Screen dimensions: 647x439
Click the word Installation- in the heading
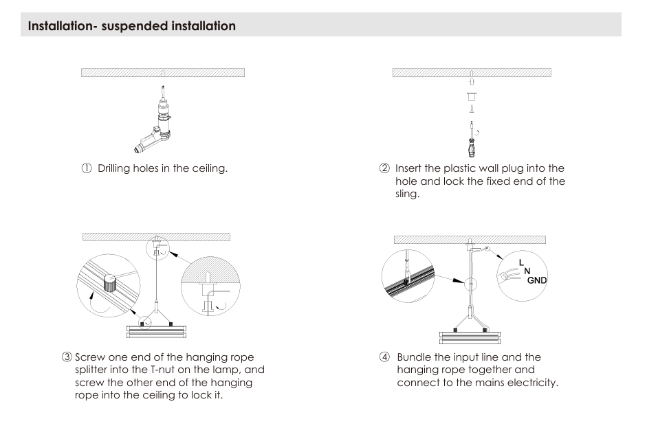tap(61, 26)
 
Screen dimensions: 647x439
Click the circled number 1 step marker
tap(87, 168)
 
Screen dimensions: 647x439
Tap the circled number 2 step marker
tap(384, 168)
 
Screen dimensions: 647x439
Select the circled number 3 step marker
tap(67, 357)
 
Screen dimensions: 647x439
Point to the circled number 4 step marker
tap(384, 357)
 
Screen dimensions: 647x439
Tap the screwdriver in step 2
tap(471, 139)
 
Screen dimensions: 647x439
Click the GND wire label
tap(537, 280)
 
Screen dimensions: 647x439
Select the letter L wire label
tap(521, 262)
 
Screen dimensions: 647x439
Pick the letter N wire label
tap(527, 271)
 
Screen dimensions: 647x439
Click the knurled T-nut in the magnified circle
tap(110, 283)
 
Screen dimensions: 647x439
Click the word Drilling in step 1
tap(113, 168)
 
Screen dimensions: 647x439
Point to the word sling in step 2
tap(407, 194)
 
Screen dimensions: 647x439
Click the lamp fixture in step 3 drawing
tap(156, 331)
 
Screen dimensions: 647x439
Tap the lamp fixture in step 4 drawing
tap(470, 337)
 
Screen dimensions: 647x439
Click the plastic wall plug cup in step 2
tap(471, 97)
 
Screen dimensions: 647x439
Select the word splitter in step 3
tap(91, 370)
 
